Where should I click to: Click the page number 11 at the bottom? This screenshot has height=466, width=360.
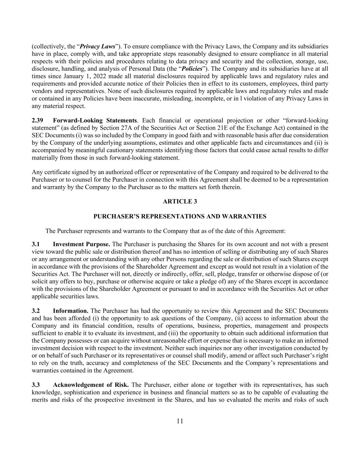click(x=180, y=421)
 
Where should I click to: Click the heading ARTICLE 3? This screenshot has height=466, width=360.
click(x=180, y=201)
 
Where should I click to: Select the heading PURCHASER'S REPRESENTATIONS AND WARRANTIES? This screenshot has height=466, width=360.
click(x=180, y=216)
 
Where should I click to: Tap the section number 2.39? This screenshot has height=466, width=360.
click(x=38, y=121)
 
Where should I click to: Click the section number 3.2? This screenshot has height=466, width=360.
click(x=36, y=311)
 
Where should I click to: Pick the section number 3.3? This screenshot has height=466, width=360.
click(x=36, y=385)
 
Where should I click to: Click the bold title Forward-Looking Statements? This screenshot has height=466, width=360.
click(x=95, y=121)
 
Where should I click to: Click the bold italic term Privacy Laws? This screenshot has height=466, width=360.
click(x=97, y=46)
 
